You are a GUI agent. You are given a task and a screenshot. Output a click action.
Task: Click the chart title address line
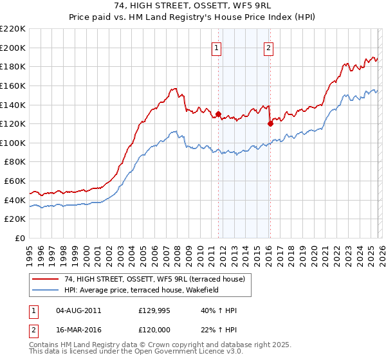click(x=192, y=6)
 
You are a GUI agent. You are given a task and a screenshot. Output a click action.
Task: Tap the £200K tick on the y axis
click(x=13, y=48)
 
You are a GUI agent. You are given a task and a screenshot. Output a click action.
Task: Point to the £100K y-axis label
click(x=13, y=143)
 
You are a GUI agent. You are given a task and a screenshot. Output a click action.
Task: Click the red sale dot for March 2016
click(x=270, y=124)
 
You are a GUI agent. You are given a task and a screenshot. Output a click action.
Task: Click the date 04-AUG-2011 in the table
click(x=78, y=310)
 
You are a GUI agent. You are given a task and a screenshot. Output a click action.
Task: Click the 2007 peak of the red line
click(x=174, y=88)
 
